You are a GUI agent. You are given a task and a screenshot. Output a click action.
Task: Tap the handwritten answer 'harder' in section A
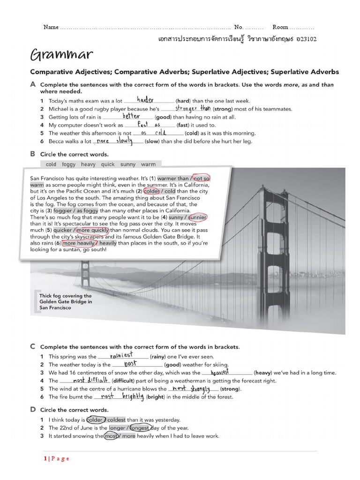point(145,100)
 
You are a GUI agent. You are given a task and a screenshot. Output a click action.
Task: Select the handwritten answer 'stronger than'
point(193,108)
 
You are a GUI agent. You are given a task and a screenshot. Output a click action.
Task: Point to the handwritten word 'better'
point(131,116)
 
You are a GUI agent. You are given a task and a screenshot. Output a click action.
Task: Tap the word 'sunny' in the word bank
point(128,165)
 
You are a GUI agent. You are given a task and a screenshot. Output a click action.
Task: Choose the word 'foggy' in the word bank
point(68,165)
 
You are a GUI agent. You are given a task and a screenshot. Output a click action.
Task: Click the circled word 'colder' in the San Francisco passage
point(151,191)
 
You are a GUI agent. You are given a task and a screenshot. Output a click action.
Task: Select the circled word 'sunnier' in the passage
point(197,217)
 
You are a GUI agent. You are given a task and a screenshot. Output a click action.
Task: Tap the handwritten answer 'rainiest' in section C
point(120,356)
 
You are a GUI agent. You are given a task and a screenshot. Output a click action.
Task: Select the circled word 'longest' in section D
point(140,428)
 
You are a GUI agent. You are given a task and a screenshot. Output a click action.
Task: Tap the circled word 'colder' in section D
point(96,420)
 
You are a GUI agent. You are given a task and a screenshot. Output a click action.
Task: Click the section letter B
point(33,154)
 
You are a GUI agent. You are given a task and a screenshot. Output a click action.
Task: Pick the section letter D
point(33,410)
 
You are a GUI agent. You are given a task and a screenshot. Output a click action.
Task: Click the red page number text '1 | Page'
point(56,458)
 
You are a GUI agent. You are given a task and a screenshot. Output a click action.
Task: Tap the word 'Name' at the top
point(51,27)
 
